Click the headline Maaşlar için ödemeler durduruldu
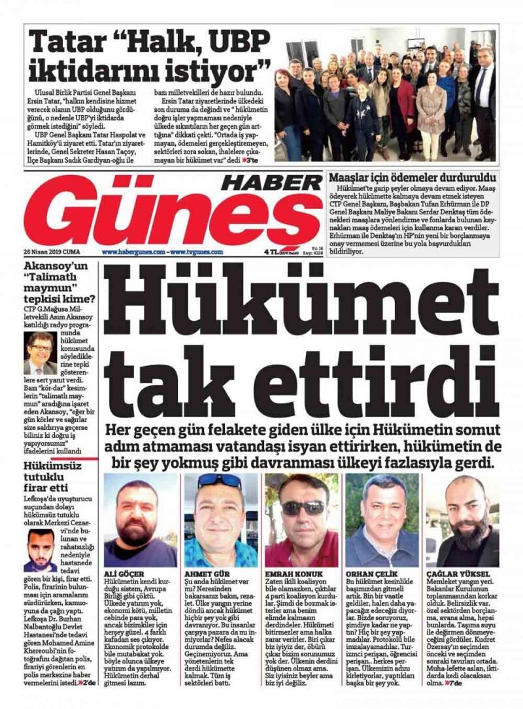[411, 177]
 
